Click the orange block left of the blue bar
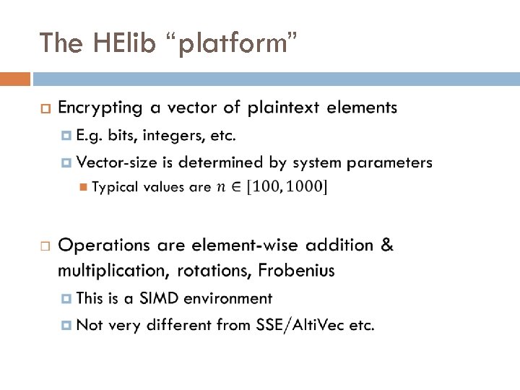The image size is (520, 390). [x=15, y=78]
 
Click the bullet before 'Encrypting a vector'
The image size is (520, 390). [x=45, y=109]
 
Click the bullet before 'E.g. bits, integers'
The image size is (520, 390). [x=67, y=136]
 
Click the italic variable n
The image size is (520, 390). [x=221, y=188]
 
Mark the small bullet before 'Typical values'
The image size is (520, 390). [x=83, y=188]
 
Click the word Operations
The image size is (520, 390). [x=103, y=246]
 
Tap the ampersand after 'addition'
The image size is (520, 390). [x=387, y=245]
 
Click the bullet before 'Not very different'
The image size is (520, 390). [x=67, y=326]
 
